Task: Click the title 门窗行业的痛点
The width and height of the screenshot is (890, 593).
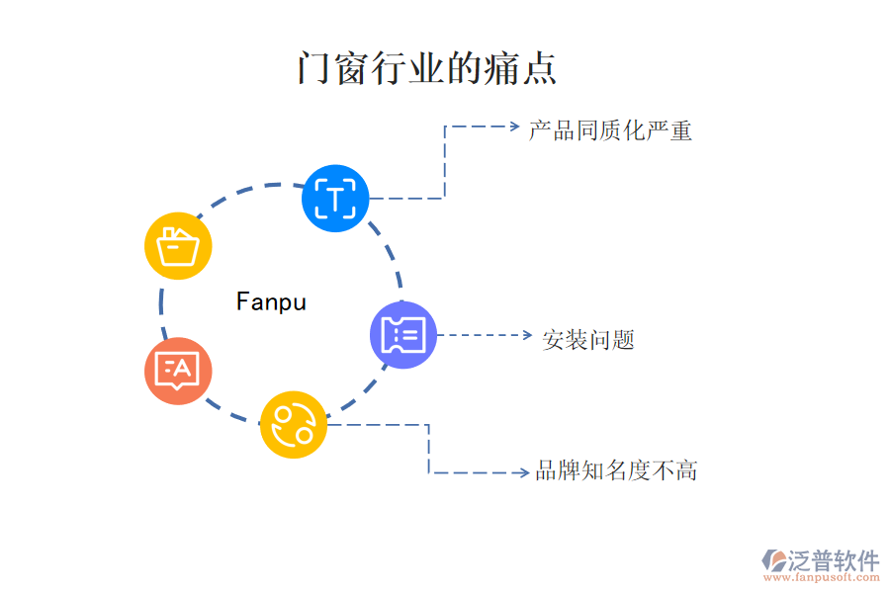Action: click(x=426, y=69)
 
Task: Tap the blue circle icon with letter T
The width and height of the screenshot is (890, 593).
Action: click(x=335, y=199)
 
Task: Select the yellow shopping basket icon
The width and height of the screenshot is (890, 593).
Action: click(x=178, y=245)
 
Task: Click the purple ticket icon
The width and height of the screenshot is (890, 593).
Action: click(x=402, y=335)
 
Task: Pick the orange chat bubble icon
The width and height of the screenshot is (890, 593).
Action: click(x=178, y=371)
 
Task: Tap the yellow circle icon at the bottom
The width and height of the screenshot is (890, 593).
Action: click(x=294, y=425)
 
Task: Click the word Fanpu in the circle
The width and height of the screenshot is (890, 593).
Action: click(x=271, y=301)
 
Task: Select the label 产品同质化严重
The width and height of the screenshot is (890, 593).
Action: click(x=609, y=130)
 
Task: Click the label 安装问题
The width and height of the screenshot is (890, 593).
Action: click(x=588, y=340)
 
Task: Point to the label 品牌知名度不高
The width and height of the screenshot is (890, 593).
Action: click(x=616, y=470)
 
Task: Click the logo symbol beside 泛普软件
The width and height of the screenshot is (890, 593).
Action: click(x=773, y=560)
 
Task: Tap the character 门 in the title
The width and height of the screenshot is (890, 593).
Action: click(x=312, y=69)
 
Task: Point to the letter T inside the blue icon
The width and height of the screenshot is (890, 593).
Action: click(x=335, y=200)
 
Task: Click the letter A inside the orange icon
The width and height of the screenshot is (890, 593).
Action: click(x=184, y=369)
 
